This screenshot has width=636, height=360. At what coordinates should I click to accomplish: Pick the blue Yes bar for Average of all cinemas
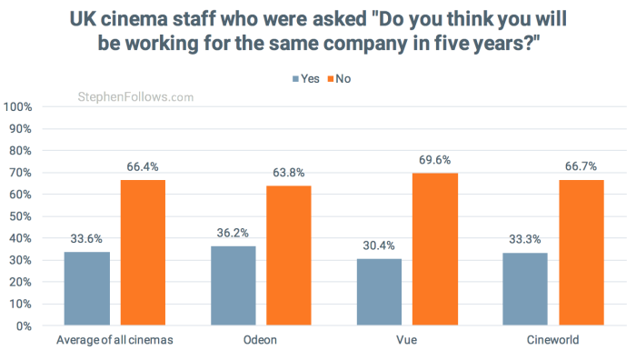pos(86,288)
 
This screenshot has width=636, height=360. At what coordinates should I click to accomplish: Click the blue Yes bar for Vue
pos(378,292)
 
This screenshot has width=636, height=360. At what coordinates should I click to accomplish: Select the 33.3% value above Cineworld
pos(524,239)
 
